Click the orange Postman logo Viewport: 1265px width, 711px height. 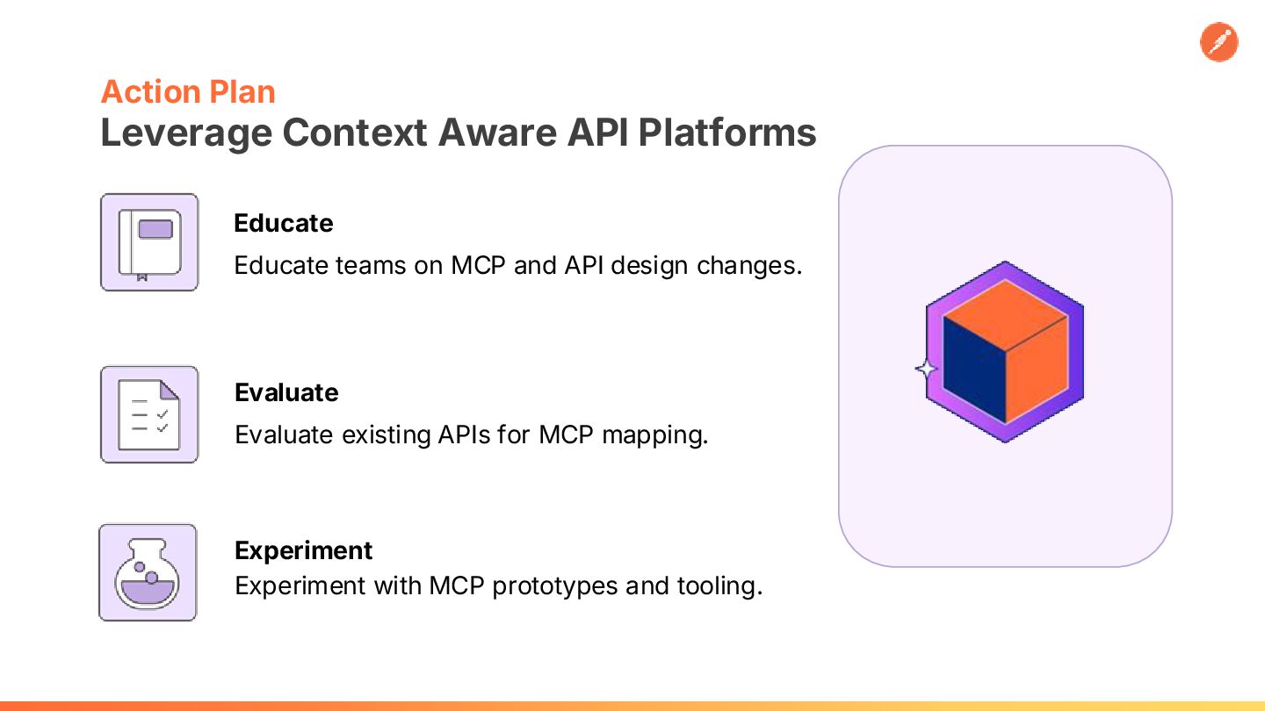1218,42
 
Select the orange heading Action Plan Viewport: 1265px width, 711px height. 188,91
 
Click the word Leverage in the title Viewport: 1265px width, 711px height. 186,134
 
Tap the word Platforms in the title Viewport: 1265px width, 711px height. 727,133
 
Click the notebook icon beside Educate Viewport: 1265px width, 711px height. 149,242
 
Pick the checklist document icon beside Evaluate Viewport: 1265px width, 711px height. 149,414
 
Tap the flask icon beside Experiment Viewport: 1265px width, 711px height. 148,572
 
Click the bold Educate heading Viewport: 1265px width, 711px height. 284,223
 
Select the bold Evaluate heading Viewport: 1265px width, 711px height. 286,392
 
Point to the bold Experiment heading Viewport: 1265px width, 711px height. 303,551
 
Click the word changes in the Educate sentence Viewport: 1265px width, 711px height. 749,266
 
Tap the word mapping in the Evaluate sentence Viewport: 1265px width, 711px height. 655,435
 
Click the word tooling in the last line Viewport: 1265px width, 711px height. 720,586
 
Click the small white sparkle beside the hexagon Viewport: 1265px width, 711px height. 926,369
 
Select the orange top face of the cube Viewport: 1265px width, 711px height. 1005,313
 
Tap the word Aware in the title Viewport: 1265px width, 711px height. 497,133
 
